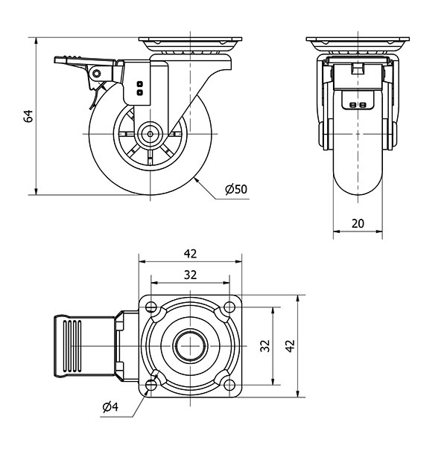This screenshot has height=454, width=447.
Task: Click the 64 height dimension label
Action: (28, 115)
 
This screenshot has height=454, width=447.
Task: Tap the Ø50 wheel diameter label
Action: (235, 189)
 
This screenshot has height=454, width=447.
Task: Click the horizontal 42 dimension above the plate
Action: (190, 252)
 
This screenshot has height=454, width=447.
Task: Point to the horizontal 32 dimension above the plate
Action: (190, 274)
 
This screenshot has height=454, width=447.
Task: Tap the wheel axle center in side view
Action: (150, 135)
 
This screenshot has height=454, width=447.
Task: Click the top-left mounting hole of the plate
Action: (152, 307)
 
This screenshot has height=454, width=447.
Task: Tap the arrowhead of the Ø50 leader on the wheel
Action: (195, 179)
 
